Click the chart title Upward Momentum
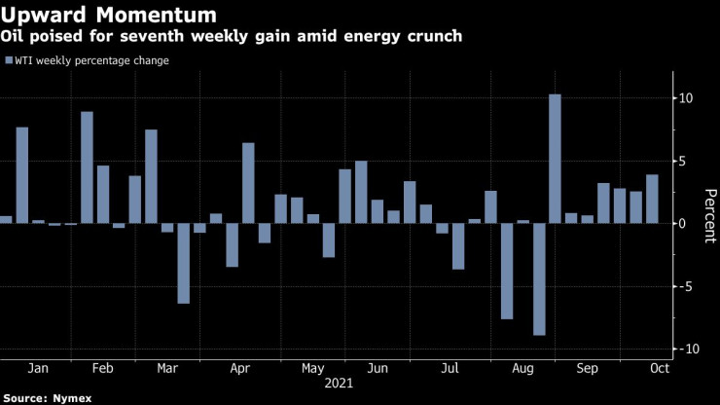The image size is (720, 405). coord(108,15)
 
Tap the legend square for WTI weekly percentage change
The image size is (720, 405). coord(10,60)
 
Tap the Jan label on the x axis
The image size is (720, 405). coord(38,369)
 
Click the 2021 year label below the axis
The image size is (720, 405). coord(339,384)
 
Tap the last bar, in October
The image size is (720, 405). coord(652,199)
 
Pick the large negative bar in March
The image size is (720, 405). coord(183,263)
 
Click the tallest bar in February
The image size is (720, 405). coord(87,167)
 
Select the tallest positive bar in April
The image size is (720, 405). coord(248,183)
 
